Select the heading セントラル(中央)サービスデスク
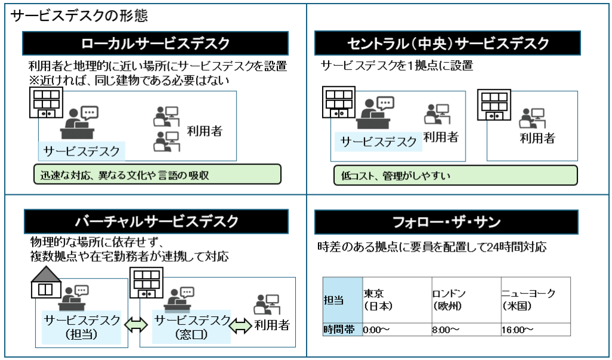[x=447, y=44]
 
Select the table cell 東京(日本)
[x=396, y=299]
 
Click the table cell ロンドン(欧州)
[x=464, y=299]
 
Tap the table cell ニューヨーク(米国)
[x=535, y=299]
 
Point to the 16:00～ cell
[x=535, y=330]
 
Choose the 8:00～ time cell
[x=464, y=330]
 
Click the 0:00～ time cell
[x=396, y=330]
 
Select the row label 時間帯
[x=343, y=330]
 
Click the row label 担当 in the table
[x=343, y=299]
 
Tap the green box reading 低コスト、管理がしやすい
[x=455, y=175]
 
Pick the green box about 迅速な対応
[x=157, y=175]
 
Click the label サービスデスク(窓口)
[x=191, y=327]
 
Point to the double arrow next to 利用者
[x=241, y=325]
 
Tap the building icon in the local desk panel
[x=46, y=102]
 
